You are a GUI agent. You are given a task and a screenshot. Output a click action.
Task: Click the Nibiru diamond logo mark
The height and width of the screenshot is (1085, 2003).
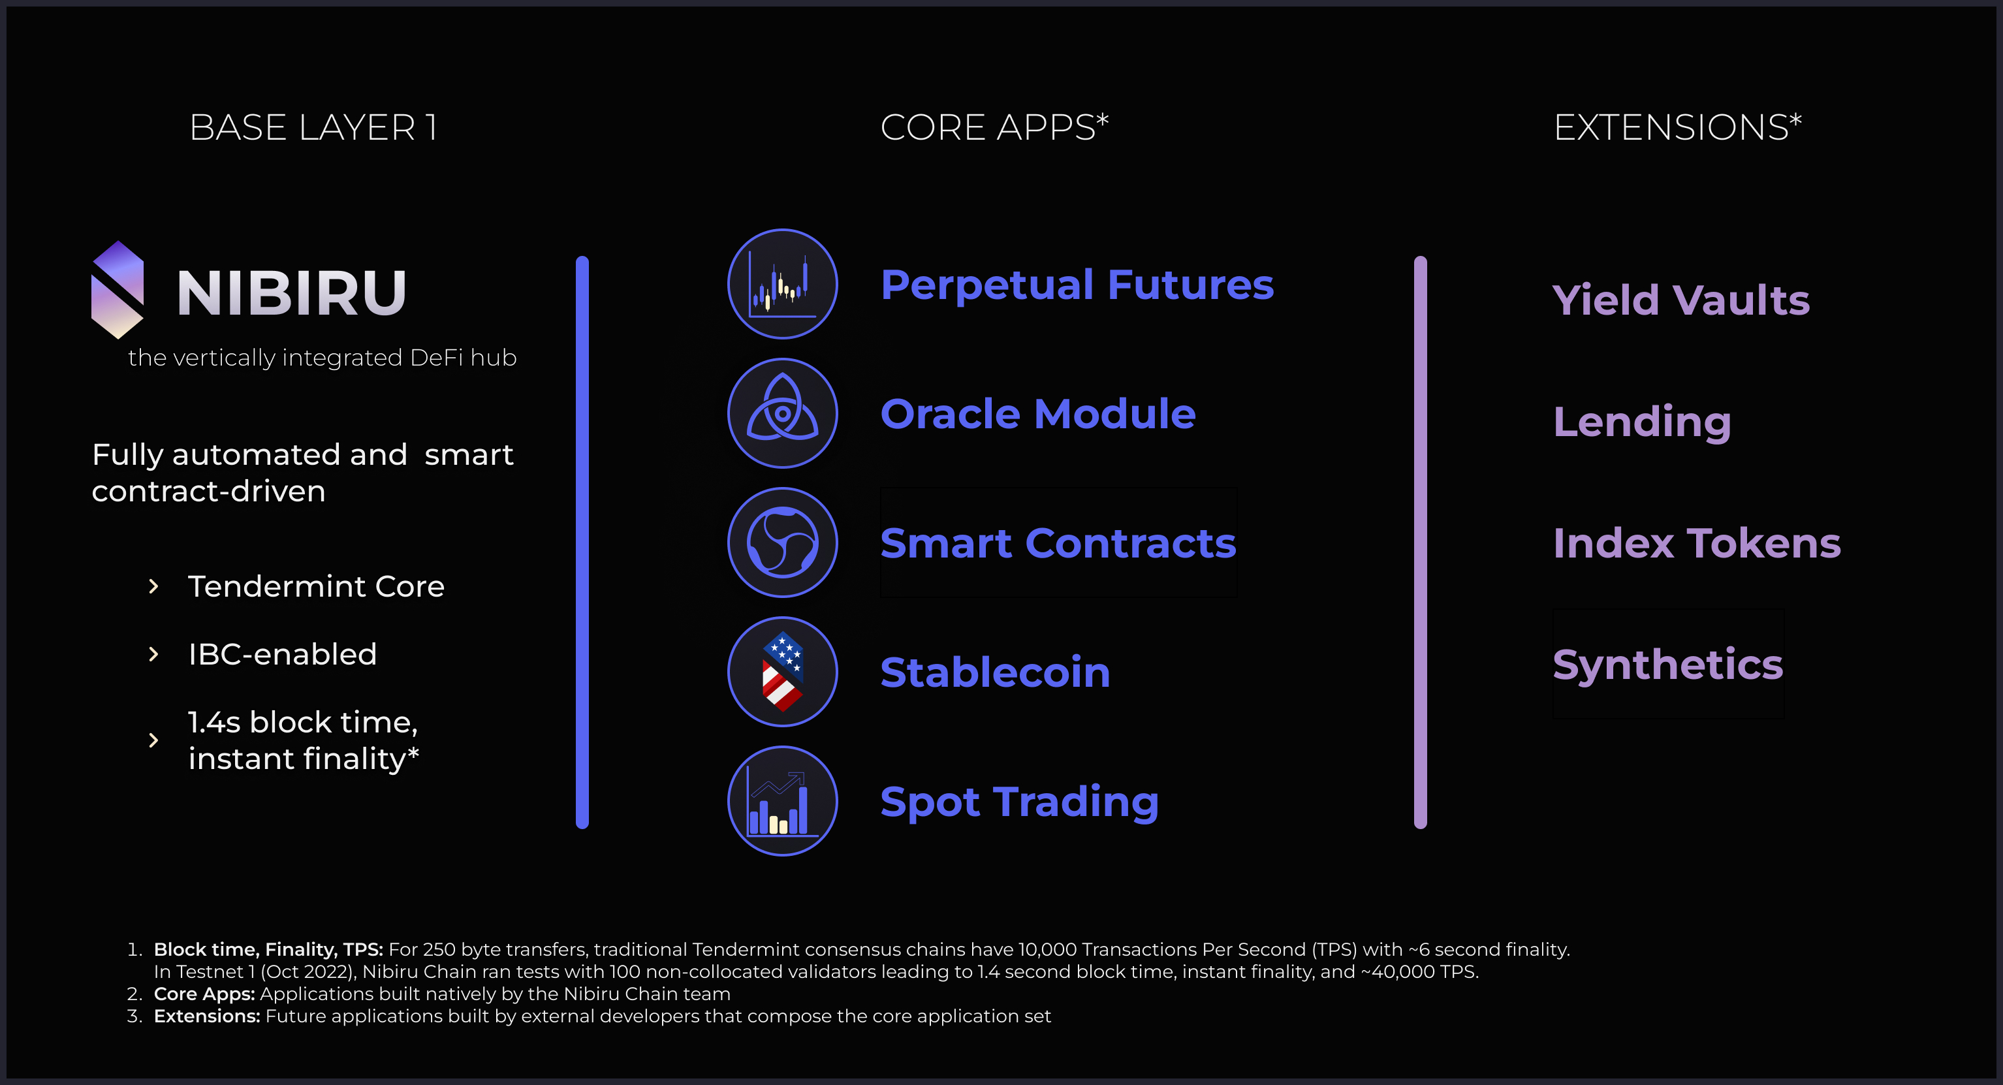118,289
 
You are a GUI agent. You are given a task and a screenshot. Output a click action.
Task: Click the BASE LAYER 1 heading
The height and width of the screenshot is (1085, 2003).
313,127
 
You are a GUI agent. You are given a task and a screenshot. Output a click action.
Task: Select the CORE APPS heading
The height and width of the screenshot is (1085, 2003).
994,127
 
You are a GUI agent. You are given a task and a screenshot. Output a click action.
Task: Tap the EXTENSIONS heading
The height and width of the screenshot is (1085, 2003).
1677,127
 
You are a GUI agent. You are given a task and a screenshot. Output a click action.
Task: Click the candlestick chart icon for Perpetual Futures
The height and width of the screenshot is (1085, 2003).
782,284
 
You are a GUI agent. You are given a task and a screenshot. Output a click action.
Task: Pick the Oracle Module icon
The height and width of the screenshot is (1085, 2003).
782,413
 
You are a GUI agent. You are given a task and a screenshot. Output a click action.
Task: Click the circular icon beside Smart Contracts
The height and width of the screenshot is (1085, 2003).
782,542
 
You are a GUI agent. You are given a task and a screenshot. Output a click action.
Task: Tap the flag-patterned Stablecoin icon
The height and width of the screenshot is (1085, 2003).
782,671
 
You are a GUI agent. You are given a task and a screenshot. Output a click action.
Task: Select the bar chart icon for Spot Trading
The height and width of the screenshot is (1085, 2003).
782,800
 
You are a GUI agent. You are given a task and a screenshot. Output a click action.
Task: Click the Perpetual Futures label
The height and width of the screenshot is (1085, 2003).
1077,285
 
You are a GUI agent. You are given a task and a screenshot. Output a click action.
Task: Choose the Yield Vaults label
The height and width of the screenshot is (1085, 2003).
1680,300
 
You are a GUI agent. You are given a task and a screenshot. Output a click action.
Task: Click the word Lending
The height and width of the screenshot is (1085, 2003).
1641,422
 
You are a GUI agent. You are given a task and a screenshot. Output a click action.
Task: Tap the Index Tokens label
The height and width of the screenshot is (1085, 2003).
1697,543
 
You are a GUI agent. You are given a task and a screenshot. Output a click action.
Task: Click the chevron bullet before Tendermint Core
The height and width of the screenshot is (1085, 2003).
153,586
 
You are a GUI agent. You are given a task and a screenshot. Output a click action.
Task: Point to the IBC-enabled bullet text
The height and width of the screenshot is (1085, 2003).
282,654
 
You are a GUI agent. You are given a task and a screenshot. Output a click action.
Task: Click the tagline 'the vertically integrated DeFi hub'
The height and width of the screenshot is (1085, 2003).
322,358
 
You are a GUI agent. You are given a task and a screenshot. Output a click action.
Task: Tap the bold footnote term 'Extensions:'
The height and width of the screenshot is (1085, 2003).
207,1016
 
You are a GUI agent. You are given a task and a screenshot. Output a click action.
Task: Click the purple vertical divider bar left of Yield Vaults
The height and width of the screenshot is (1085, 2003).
1420,542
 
